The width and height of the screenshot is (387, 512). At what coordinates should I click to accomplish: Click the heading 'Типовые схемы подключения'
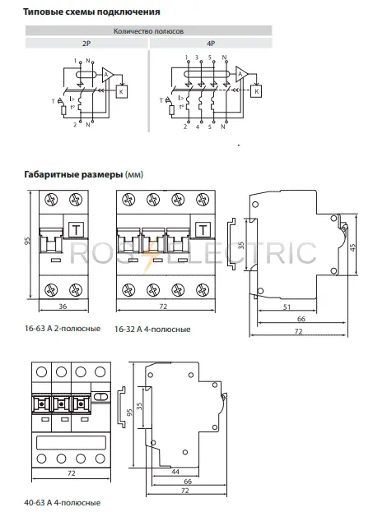click(x=91, y=12)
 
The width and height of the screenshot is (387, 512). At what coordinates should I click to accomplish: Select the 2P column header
click(x=86, y=43)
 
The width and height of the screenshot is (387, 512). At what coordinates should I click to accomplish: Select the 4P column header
click(x=211, y=43)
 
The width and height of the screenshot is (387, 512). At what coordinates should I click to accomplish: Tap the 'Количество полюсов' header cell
click(x=148, y=31)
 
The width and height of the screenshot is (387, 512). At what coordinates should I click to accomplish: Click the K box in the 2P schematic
click(x=122, y=91)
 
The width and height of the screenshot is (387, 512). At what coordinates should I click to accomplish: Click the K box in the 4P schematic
click(x=256, y=91)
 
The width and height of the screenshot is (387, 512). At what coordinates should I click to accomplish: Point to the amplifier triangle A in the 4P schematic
click(x=241, y=75)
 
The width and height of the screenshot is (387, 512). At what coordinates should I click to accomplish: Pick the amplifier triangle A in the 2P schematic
click(x=107, y=76)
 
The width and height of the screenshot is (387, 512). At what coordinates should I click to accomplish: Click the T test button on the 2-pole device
click(x=77, y=229)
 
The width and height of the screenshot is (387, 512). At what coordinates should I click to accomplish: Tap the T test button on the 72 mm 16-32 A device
click(x=203, y=229)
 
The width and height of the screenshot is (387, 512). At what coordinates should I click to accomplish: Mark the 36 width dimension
click(x=63, y=307)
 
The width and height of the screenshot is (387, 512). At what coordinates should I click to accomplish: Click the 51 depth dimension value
click(x=287, y=307)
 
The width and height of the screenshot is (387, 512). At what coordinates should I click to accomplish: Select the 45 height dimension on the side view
click(x=352, y=247)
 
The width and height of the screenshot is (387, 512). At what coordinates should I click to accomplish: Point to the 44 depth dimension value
click(x=175, y=472)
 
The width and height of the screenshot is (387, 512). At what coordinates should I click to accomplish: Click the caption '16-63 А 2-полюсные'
click(x=63, y=329)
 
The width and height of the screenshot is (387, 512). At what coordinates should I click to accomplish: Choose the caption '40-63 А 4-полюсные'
click(x=62, y=502)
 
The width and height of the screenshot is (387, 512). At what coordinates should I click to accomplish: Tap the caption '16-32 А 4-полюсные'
click(x=152, y=329)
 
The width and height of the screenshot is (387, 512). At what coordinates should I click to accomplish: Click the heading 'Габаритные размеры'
click(x=73, y=174)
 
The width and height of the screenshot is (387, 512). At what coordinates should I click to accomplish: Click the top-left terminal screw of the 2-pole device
click(x=51, y=200)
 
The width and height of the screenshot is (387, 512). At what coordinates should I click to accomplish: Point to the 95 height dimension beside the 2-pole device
click(x=27, y=241)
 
